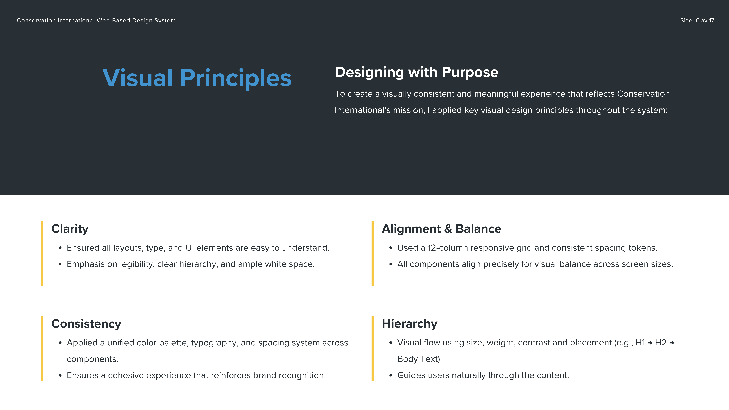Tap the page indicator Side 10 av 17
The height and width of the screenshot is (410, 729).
(x=697, y=20)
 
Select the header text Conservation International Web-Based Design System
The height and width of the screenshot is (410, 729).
(x=96, y=20)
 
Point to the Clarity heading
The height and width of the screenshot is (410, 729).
(x=70, y=229)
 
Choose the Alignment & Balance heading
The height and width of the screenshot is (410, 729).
(x=442, y=229)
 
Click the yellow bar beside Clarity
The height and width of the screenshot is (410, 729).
(x=42, y=254)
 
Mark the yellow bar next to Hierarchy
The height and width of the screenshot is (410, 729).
(x=373, y=349)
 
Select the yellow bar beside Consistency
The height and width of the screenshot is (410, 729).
(x=42, y=349)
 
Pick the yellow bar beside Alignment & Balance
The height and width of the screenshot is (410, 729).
(x=373, y=254)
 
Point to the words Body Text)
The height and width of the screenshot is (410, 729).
(x=419, y=359)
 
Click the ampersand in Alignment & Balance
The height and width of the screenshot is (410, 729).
(x=448, y=229)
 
